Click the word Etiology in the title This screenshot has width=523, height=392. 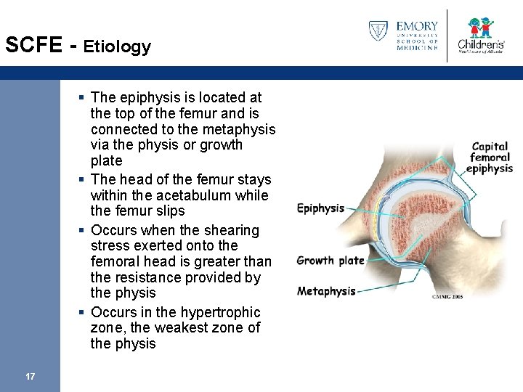[117, 47]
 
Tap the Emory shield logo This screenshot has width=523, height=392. [378, 31]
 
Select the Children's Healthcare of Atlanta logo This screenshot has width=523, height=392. [479, 34]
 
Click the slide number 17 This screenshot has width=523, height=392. [30, 376]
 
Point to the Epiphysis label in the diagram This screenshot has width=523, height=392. [320, 208]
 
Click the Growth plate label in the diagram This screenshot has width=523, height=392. [331, 261]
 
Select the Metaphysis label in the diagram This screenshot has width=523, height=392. [326, 291]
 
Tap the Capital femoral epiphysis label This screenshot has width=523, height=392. [490, 158]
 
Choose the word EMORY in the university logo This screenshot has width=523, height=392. [417, 26]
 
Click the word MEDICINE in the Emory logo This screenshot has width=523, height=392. [417, 48]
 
